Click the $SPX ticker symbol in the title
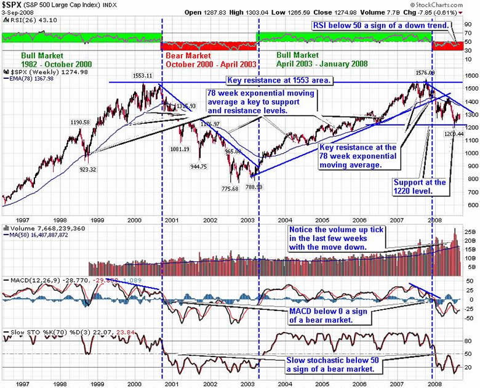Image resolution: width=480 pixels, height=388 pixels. click(14, 5)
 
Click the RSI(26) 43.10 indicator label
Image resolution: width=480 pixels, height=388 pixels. click(26, 21)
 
